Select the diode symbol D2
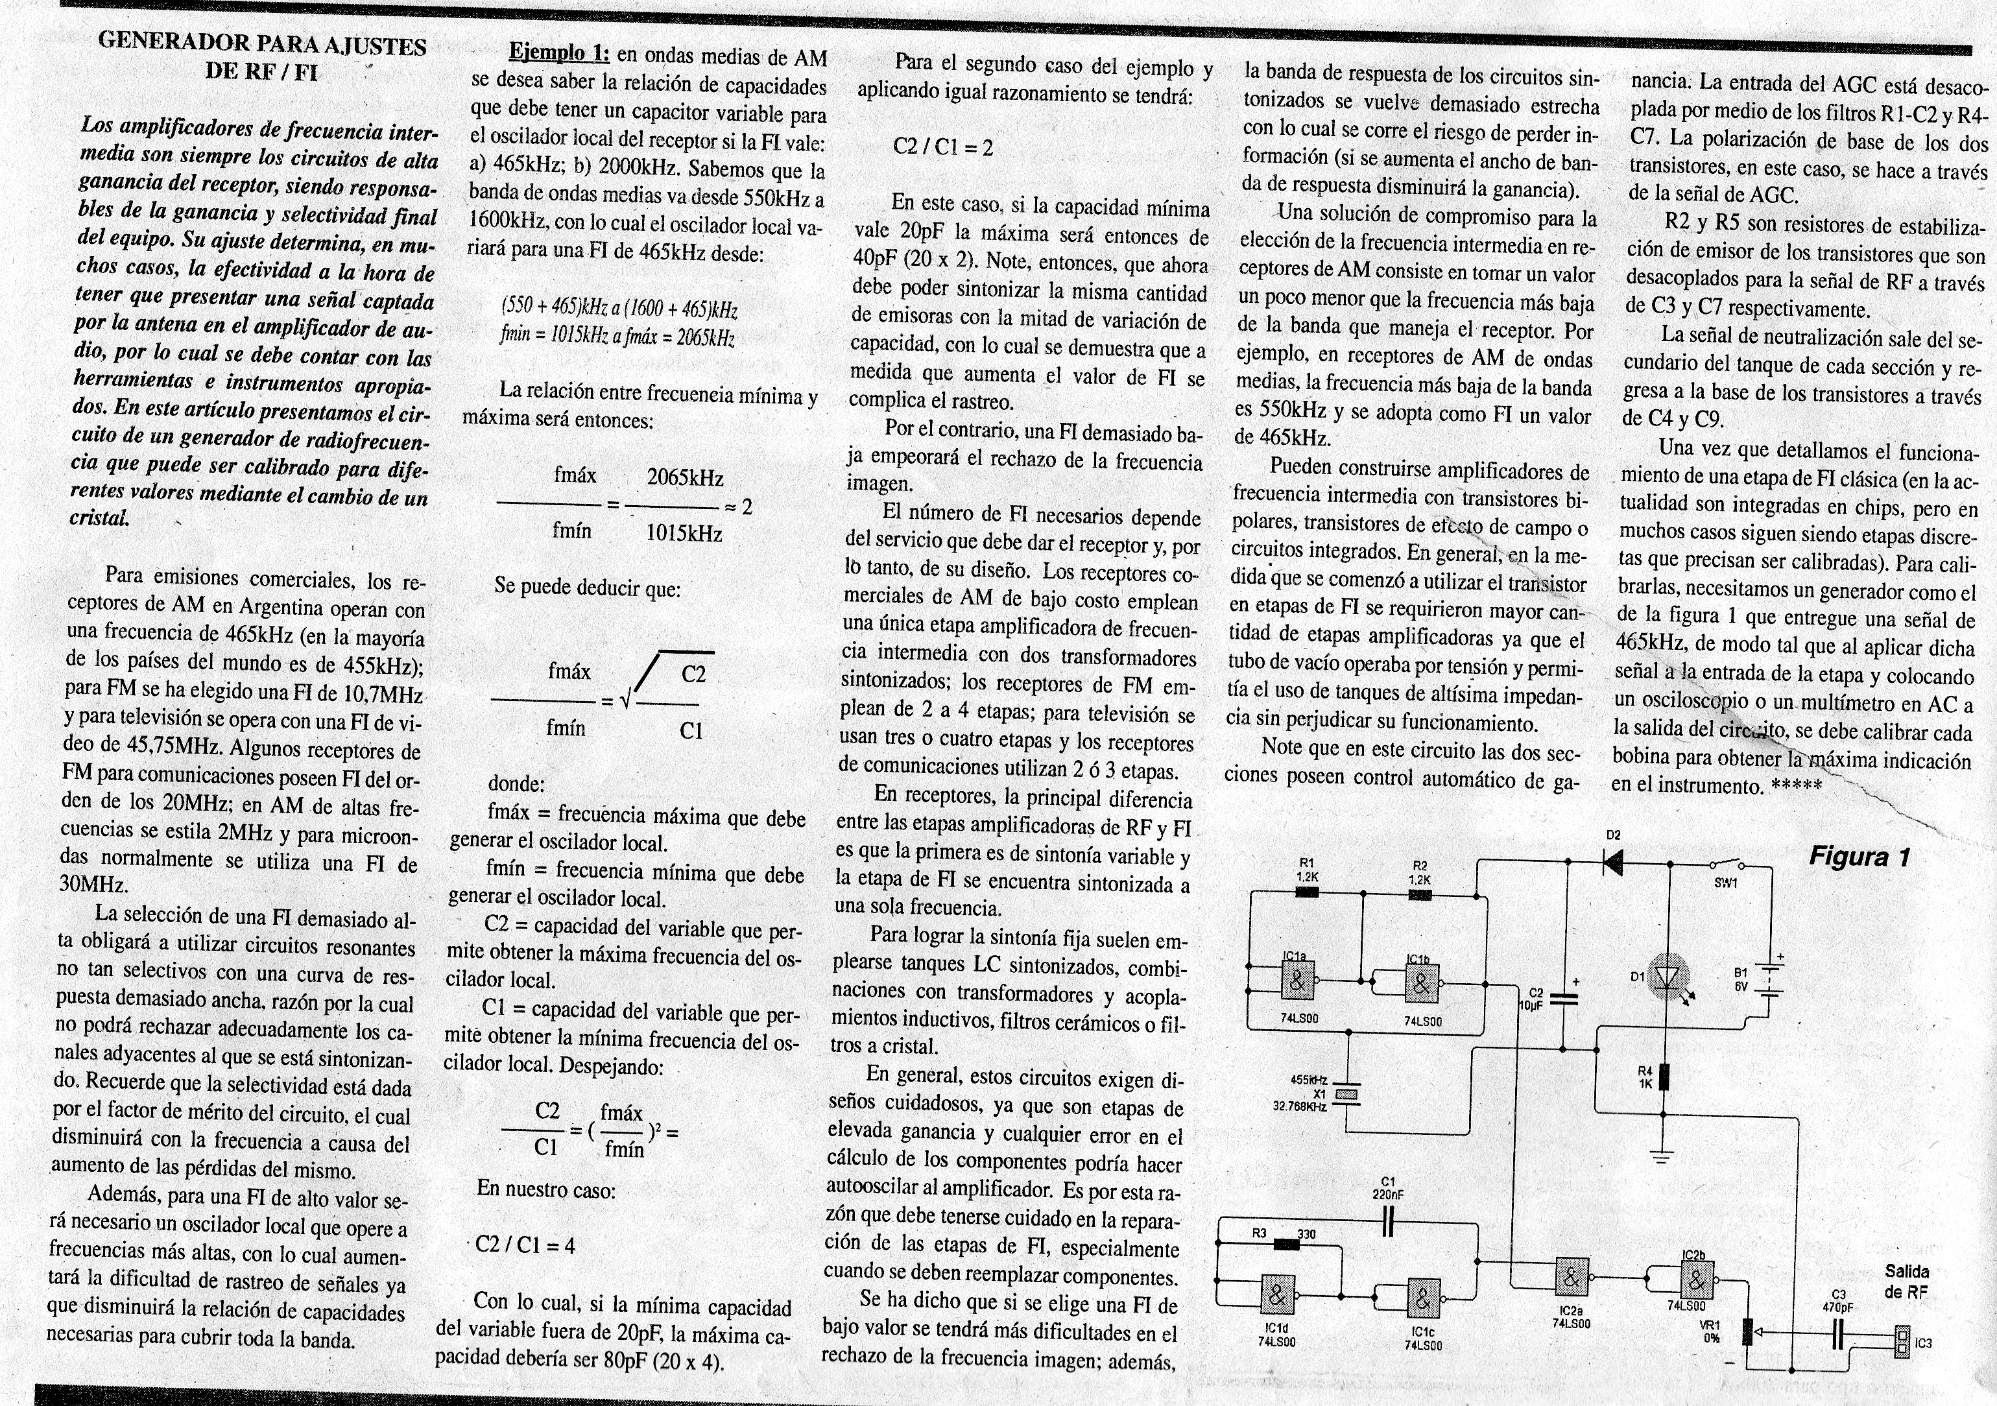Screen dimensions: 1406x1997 click(x=1614, y=862)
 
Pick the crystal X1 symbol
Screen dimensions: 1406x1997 click(x=1346, y=1095)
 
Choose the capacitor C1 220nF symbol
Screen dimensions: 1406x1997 click(x=1387, y=1223)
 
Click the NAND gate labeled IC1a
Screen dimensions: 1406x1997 click(x=1297, y=982)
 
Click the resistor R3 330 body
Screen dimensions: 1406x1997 click(x=1286, y=1245)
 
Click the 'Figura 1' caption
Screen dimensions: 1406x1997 click(x=1859, y=857)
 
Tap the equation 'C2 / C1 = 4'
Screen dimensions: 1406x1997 click(x=525, y=1245)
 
